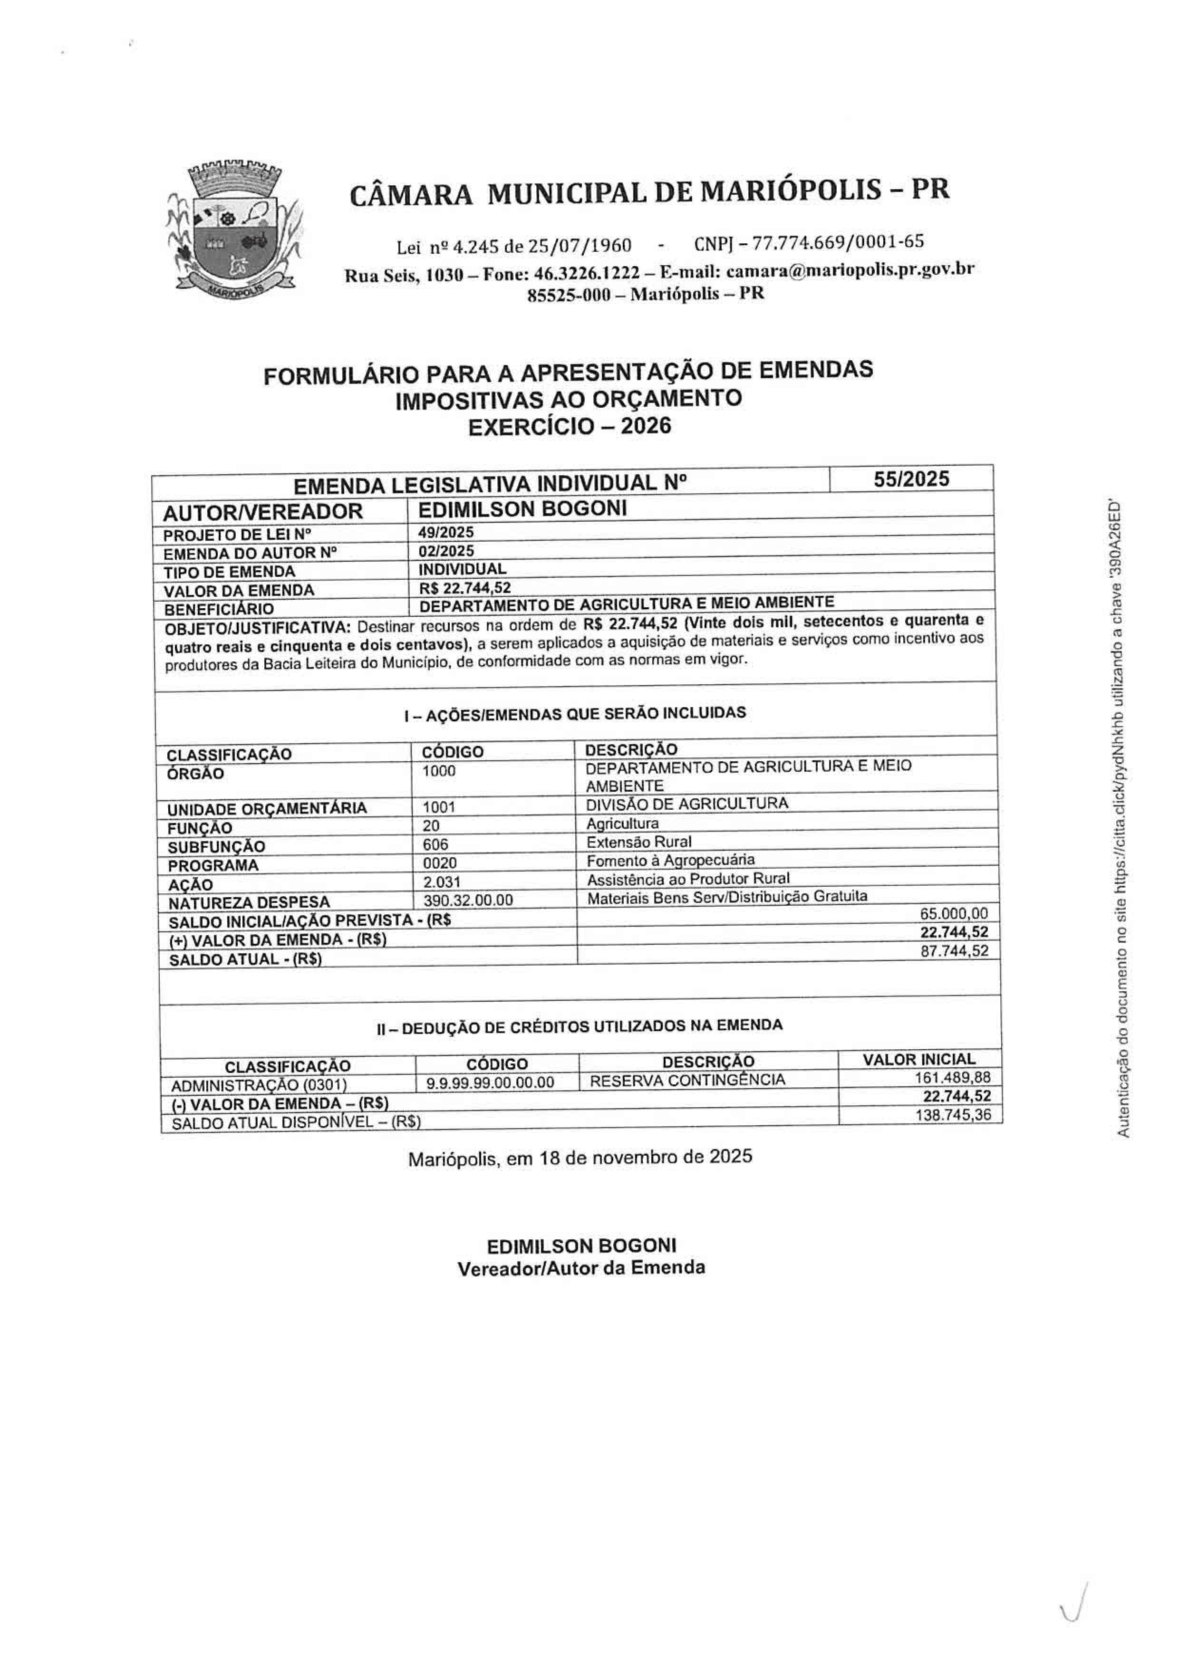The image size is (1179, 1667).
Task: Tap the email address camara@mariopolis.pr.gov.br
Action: click(x=850, y=270)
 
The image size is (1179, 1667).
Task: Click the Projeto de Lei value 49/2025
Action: click(x=446, y=532)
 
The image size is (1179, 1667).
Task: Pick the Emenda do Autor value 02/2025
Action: click(x=446, y=551)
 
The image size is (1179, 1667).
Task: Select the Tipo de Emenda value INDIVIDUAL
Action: click(x=463, y=569)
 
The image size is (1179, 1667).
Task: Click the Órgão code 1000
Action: click(x=439, y=772)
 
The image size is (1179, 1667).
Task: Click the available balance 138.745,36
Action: click(x=953, y=1115)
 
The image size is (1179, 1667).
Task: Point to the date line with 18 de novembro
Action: click(x=580, y=1157)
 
